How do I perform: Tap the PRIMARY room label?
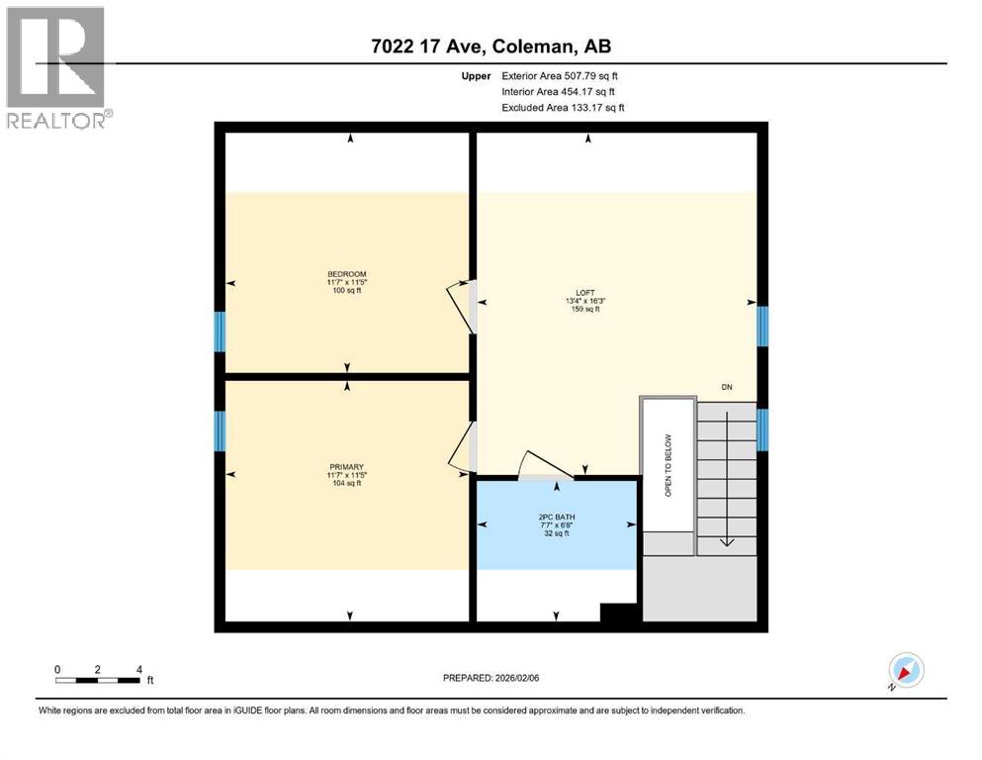(x=347, y=467)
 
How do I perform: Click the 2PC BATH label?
(x=554, y=517)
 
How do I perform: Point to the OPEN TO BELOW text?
(x=668, y=464)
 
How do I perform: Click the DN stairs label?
(x=728, y=387)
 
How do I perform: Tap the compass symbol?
(x=905, y=671)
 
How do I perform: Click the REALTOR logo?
(x=56, y=67)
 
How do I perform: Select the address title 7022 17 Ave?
(x=491, y=47)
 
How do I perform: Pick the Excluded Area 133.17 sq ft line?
(x=563, y=107)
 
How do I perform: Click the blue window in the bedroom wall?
(x=221, y=332)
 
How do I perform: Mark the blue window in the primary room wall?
(x=221, y=430)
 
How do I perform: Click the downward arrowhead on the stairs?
(x=727, y=540)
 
